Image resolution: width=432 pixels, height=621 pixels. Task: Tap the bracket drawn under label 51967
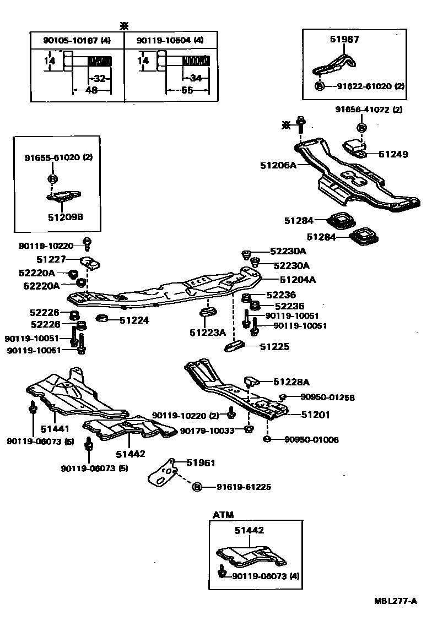[x=334, y=63]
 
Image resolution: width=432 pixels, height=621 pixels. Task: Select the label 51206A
[x=278, y=165]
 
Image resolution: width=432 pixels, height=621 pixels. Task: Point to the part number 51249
[x=393, y=154]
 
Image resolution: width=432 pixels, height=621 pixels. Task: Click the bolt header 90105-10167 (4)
[x=77, y=40]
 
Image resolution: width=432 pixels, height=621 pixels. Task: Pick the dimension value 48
[x=91, y=90]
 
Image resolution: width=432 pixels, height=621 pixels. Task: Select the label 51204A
[x=298, y=280]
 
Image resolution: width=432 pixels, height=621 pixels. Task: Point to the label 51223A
[x=208, y=333]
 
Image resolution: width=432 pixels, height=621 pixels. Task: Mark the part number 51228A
[x=291, y=382]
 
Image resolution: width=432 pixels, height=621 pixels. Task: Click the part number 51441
[x=56, y=428]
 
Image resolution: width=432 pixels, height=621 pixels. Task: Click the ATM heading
[x=223, y=515]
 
